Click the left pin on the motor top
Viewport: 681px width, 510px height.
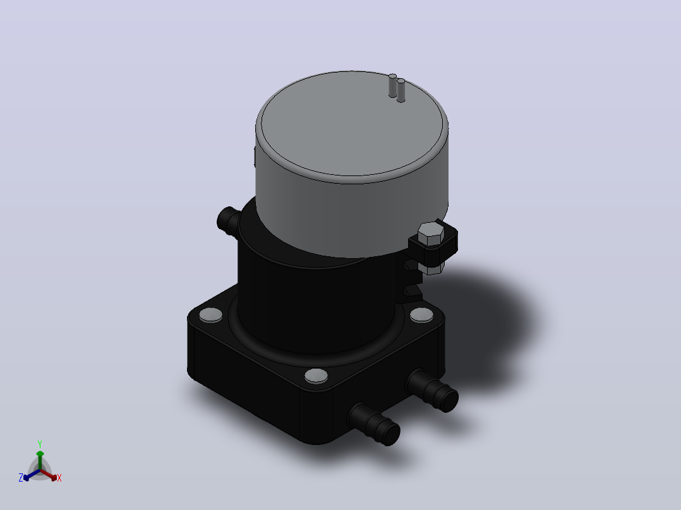click(393, 85)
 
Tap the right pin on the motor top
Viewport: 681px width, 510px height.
click(401, 90)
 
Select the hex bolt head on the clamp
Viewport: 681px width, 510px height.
click(430, 234)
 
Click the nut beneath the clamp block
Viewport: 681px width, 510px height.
click(432, 267)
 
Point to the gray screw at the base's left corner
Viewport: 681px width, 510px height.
click(210, 315)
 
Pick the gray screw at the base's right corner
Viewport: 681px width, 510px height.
click(421, 315)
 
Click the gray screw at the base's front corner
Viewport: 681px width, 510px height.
click(316, 376)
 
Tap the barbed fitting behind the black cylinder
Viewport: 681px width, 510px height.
click(229, 220)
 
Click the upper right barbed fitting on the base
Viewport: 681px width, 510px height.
click(433, 391)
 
